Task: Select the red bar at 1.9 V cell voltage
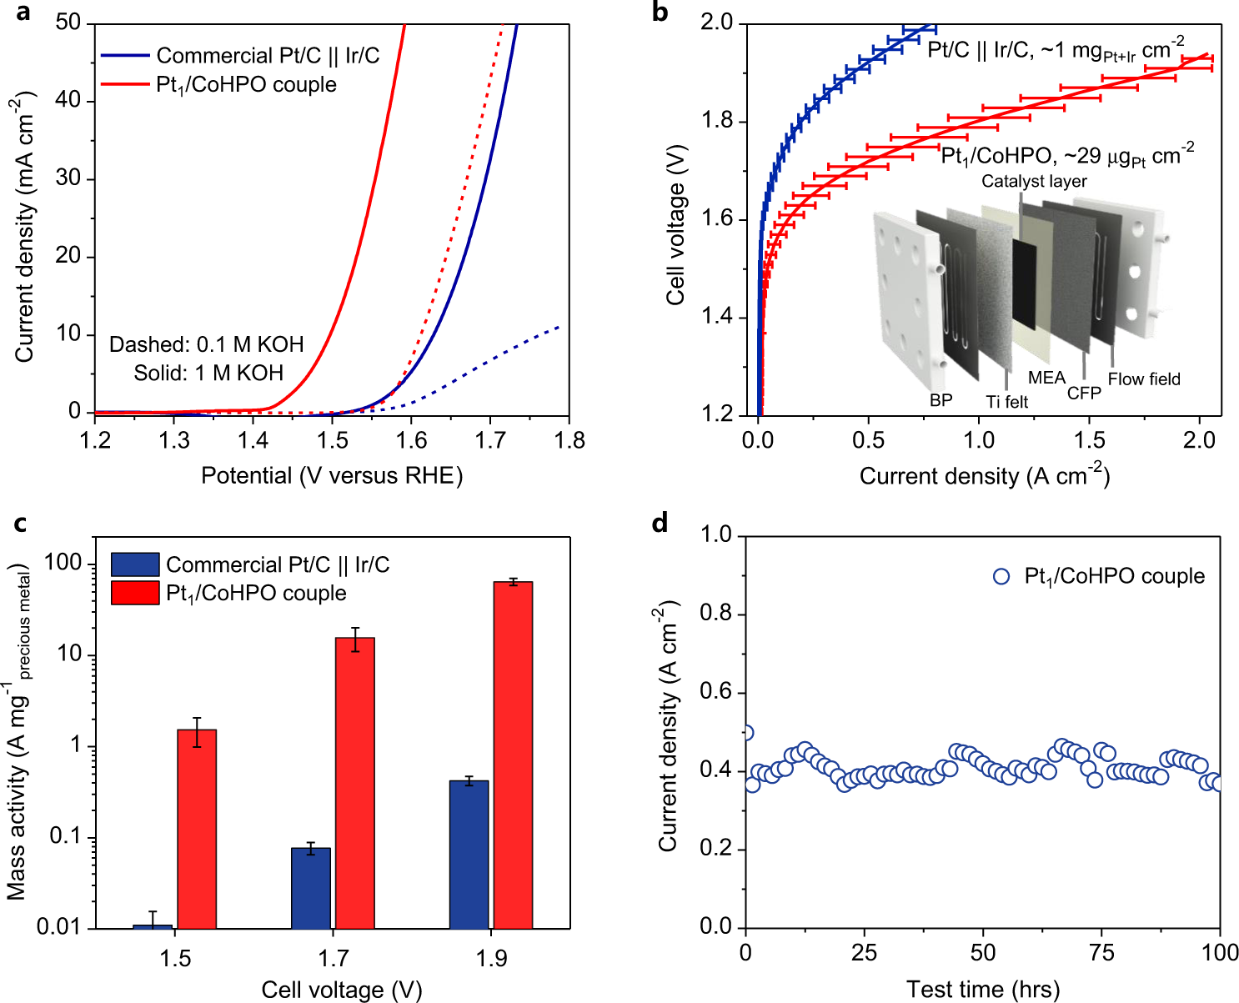[513, 755]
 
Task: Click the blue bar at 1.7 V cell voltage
[311, 888]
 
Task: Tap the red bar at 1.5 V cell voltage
[197, 829]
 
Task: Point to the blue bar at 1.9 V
[469, 854]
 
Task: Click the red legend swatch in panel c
[134, 593]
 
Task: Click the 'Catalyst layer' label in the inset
[1034, 181]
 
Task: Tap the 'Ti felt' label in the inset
[1006, 402]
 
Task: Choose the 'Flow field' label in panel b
[1144, 379]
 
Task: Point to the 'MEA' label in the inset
[1046, 378]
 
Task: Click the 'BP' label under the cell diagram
[941, 400]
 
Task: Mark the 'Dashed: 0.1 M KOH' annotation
[206, 344]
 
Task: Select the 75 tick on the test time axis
[1101, 952]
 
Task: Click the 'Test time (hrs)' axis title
[983, 990]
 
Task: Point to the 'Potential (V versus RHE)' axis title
[332, 475]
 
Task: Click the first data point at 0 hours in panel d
[746, 733]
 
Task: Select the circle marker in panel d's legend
[1001, 576]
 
